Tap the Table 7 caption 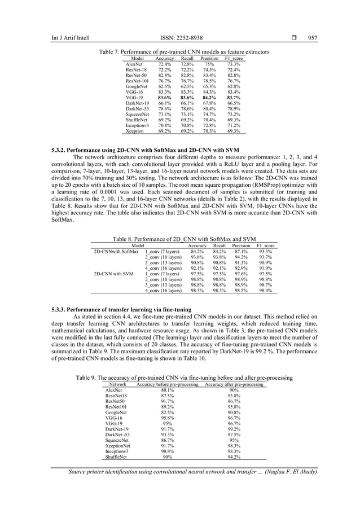coord(184,52)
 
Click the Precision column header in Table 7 coord(209,59)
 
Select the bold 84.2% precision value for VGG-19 coord(209,98)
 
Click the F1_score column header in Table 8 coord(265,246)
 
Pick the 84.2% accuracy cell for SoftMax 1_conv coord(197,252)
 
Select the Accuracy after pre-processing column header coord(234,384)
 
